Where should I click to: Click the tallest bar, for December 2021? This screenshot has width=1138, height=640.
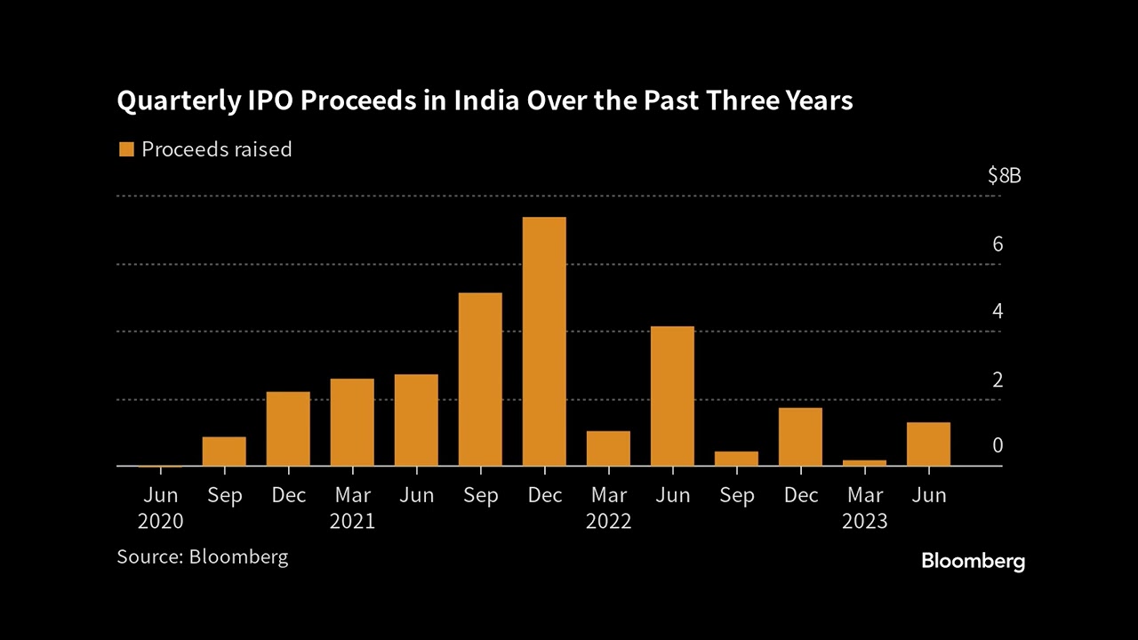(x=544, y=341)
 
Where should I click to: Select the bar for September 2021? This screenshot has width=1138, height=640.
(x=480, y=380)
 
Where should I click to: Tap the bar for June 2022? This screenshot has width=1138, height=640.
(x=672, y=396)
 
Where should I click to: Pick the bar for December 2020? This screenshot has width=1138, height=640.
(x=288, y=428)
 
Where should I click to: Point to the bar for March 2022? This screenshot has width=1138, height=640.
(x=608, y=448)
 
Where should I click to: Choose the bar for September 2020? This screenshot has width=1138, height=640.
(x=224, y=452)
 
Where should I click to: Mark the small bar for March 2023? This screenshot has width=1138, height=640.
(x=864, y=462)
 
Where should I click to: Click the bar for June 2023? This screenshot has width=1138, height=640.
(x=928, y=444)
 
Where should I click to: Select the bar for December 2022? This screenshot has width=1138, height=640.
(x=800, y=436)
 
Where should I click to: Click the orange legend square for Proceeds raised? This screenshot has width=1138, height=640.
(x=125, y=149)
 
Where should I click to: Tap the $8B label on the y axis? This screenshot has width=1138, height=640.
(x=1005, y=176)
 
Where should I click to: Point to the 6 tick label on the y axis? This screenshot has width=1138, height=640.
(x=998, y=244)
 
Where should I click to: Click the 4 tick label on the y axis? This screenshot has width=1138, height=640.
(x=998, y=311)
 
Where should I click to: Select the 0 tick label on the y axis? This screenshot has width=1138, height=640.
(x=998, y=445)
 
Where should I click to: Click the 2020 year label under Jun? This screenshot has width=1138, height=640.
(x=160, y=522)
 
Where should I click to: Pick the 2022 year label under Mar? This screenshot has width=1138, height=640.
(x=608, y=522)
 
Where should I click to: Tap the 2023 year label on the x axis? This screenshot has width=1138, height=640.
(x=864, y=522)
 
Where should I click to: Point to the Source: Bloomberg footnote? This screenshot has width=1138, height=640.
(x=203, y=557)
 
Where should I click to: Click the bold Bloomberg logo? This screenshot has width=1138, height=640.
(x=973, y=561)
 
